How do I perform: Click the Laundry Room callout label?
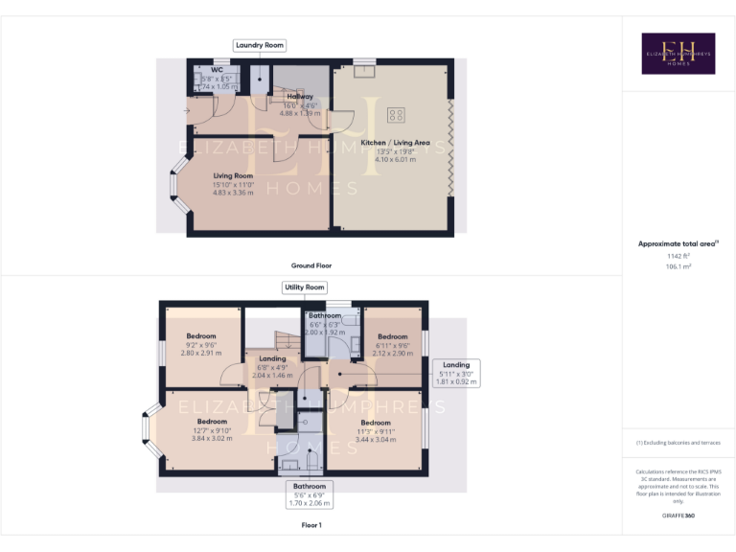click(260, 45)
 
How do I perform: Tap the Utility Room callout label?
click(305, 287)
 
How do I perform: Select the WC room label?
click(218, 70)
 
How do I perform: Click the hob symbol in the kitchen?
click(395, 116)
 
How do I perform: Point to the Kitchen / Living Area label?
click(395, 143)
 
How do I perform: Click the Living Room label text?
click(233, 175)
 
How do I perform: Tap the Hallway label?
click(299, 97)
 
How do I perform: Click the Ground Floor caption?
click(311, 265)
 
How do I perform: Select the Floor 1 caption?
click(311, 525)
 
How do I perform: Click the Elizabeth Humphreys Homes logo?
click(678, 54)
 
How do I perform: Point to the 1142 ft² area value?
click(678, 256)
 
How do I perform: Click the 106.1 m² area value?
click(678, 266)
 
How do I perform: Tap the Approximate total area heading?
click(678, 243)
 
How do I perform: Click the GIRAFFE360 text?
click(678, 516)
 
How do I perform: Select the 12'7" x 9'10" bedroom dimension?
click(213, 430)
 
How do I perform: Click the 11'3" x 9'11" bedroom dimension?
click(376, 431)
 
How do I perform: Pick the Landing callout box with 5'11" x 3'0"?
click(456, 373)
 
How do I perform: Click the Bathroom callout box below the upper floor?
click(310, 494)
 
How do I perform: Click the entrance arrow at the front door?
click(186, 111)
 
